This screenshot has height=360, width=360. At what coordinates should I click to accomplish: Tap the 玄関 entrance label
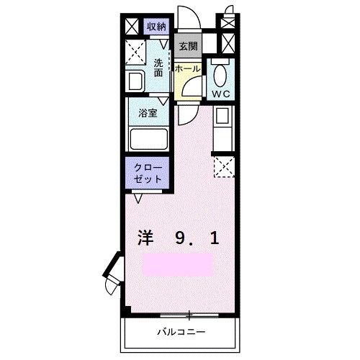[x=189, y=47]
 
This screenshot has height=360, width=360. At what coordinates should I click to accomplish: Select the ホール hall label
[x=186, y=68]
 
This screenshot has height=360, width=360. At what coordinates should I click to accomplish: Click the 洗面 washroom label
[x=158, y=68]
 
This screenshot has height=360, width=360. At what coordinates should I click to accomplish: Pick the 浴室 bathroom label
[x=148, y=113]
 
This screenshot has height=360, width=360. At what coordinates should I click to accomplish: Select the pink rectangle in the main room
[x=178, y=264]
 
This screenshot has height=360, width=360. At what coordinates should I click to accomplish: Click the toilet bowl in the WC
[x=220, y=74]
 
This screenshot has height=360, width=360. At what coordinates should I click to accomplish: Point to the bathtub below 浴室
[x=148, y=138]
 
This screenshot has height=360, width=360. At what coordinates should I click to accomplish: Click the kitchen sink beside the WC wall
[x=222, y=115]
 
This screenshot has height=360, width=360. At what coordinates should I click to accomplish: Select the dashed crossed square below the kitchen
[x=222, y=168]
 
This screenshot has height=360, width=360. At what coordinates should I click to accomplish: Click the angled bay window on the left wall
[x=114, y=274]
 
